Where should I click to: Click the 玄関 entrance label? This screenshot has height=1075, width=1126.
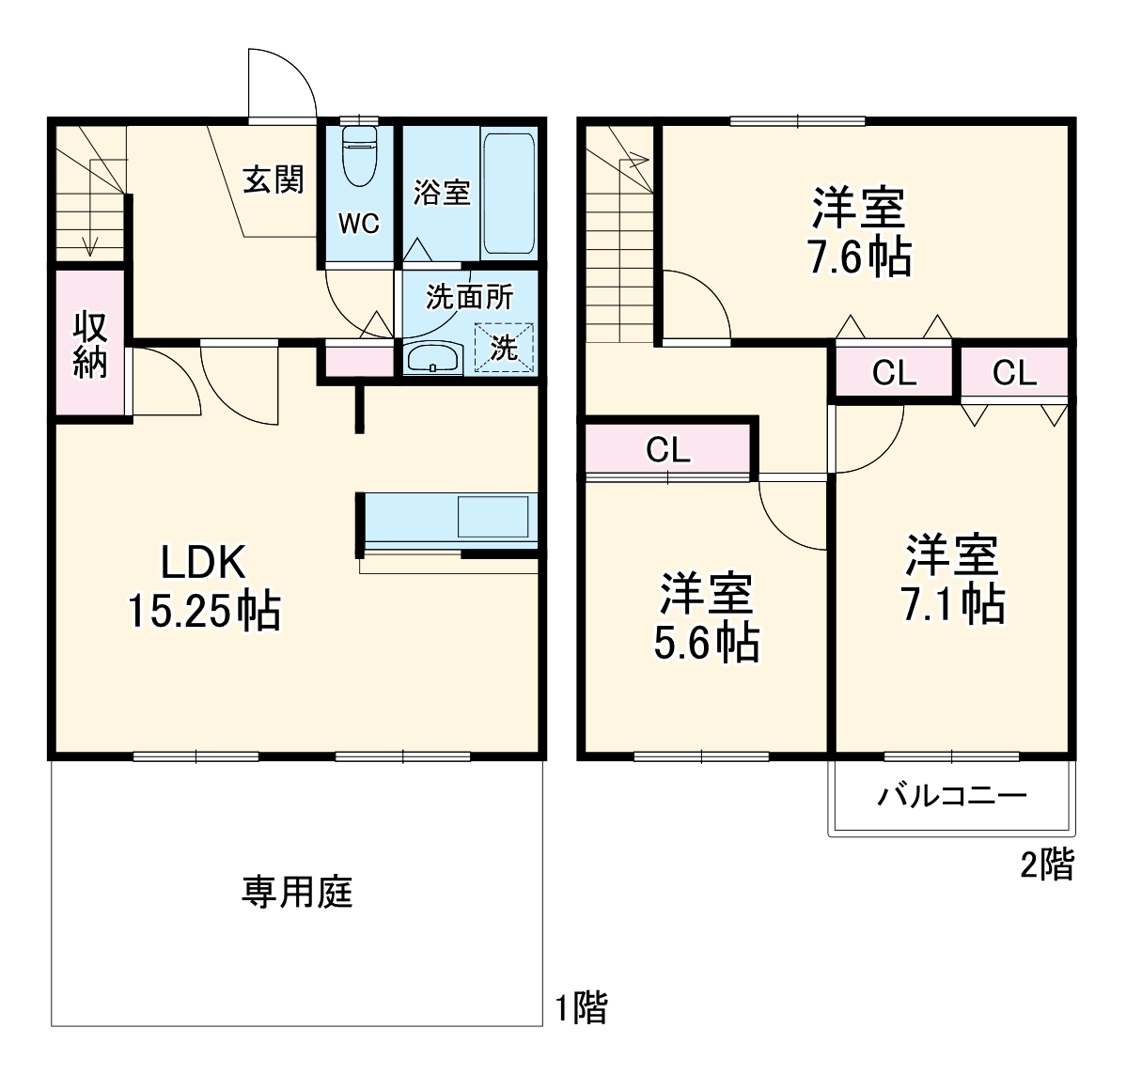click(x=274, y=179)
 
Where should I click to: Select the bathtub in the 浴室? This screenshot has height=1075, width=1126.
click(x=508, y=194)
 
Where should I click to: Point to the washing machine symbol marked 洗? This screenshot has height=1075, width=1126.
click(x=504, y=348)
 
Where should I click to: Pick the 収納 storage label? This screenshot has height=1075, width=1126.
click(x=90, y=344)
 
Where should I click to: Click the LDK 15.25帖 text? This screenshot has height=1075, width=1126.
click(x=204, y=586)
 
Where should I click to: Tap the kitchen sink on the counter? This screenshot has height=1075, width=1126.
click(x=493, y=517)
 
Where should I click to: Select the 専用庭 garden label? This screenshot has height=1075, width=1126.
click(x=297, y=892)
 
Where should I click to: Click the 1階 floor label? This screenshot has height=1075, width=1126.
click(x=581, y=1008)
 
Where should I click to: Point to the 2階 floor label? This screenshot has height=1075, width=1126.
click(x=1047, y=865)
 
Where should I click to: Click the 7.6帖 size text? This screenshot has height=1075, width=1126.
click(x=860, y=257)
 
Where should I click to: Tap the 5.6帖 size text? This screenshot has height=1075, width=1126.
click(x=707, y=643)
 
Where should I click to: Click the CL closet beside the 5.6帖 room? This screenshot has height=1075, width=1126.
click(x=668, y=450)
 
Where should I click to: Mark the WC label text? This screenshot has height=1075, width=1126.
click(x=359, y=224)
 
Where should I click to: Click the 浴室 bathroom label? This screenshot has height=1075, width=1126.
click(x=442, y=193)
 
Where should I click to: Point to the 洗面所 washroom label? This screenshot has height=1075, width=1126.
click(x=469, y=297)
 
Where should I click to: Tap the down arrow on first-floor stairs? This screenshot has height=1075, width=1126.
click(x=90, y=246)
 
